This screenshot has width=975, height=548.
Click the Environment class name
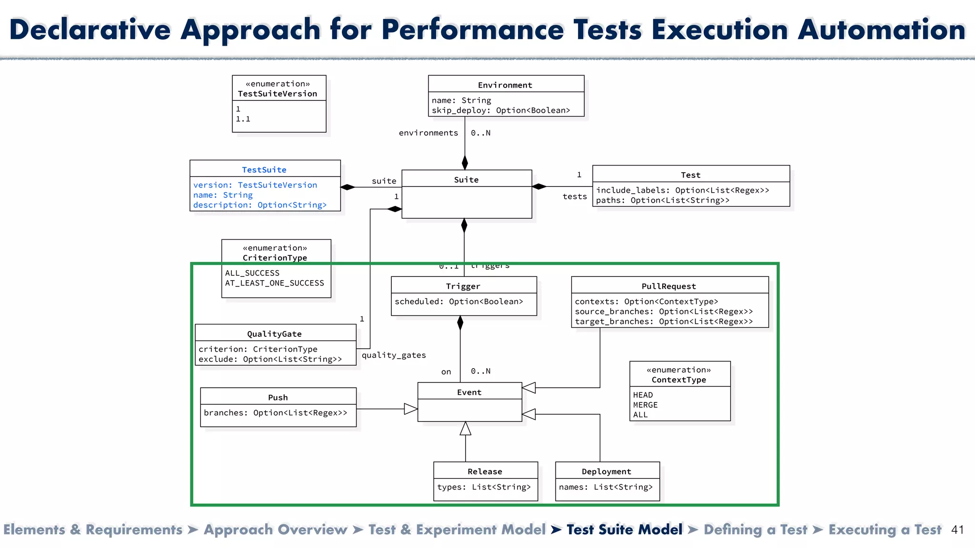pos(505,85)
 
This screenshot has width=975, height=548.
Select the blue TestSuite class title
pos(264,170)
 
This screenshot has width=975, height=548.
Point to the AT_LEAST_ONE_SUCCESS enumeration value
pos(274,283)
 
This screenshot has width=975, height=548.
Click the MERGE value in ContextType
pos(645,405)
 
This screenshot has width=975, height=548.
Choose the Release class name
pos(485,471)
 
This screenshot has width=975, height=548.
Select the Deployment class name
pos(606,471)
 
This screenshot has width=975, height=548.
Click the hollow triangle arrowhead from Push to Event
pos(410,409)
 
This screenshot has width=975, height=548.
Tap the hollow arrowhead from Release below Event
pos(466,429)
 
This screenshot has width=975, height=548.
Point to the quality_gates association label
pos(394,355)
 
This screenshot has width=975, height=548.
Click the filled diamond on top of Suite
pos(465,163)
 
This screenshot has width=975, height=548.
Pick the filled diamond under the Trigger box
pos(460,323)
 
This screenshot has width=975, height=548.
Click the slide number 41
pos(957,530)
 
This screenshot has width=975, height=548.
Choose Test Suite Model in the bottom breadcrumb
pos(624,530)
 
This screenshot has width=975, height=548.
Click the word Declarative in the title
pos(90,29)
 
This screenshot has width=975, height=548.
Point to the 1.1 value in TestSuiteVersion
pos(243,119)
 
